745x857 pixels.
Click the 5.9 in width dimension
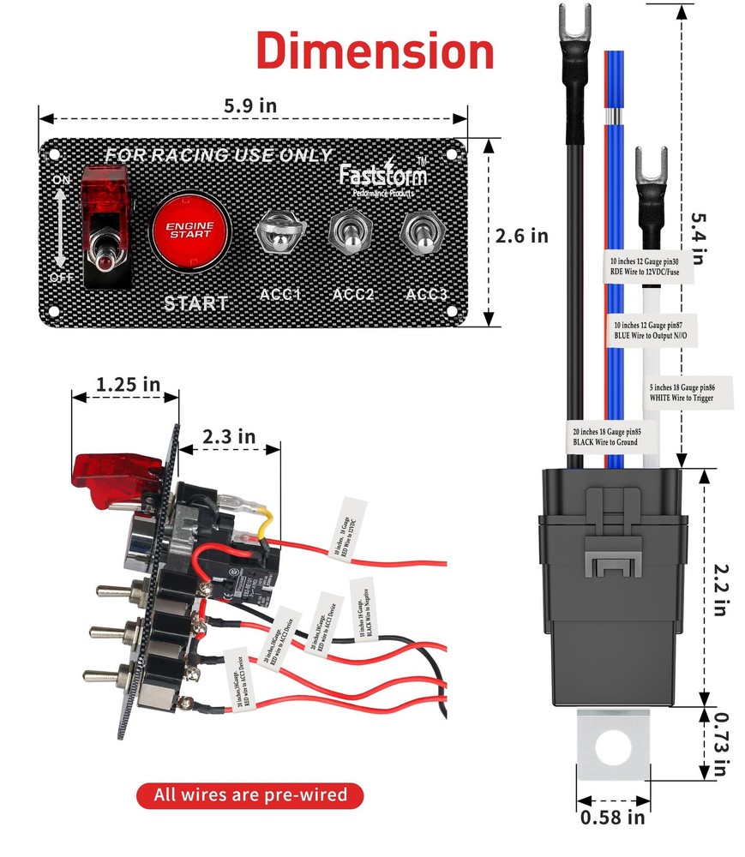(250, 105)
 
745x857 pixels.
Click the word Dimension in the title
(375, 51)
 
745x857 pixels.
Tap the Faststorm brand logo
(382, 175)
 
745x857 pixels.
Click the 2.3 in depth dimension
(229, 436)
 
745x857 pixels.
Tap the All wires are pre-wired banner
(250, 794)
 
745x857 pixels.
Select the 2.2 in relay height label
(722, 585)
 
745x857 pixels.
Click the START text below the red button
(196, 303)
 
